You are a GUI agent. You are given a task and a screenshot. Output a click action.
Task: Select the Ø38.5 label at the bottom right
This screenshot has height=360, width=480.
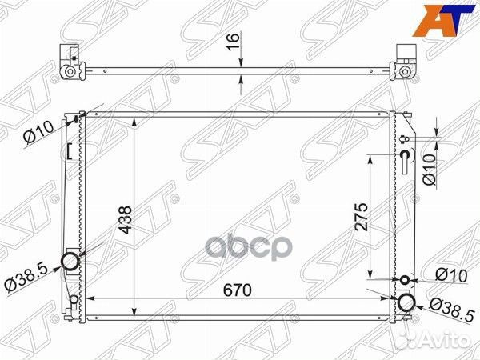click(x=449, y=306)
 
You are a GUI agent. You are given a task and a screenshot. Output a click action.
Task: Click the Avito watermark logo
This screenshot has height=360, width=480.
click(x=442, y=342)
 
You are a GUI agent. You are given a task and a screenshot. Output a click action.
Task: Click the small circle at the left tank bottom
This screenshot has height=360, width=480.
click(x=74, y=301)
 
